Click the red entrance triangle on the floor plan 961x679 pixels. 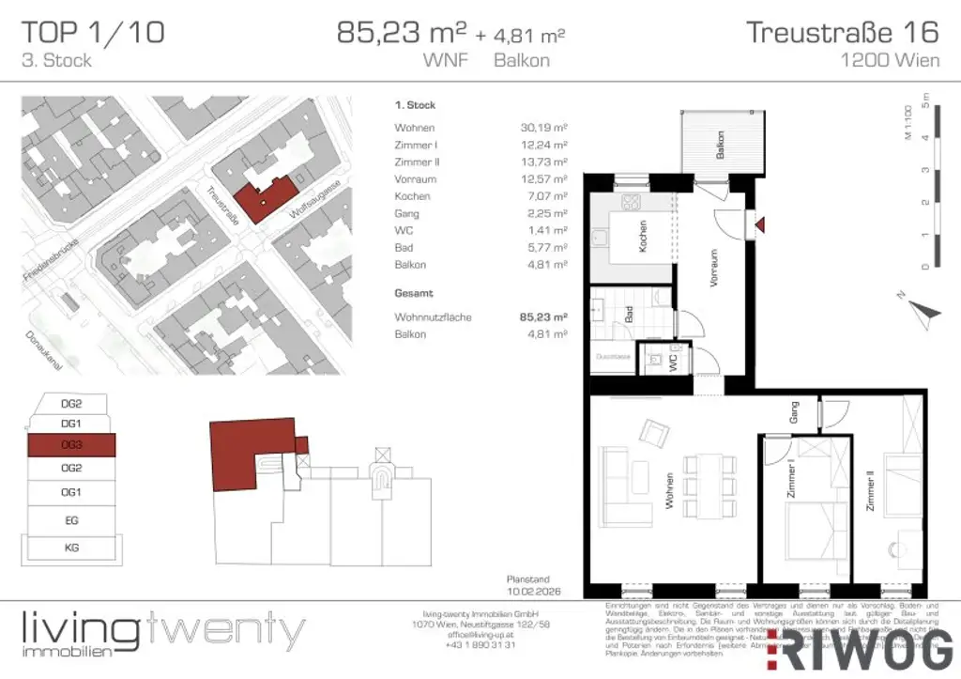[x=761, y=224]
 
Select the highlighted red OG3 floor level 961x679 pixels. [x=70, y=444]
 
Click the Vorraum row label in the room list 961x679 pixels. [x=414, y=179]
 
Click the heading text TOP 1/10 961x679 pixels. [x=93, y=33]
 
